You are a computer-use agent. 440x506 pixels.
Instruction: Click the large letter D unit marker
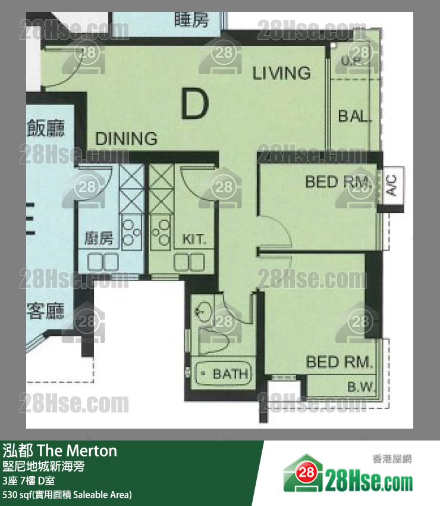coord(195,105)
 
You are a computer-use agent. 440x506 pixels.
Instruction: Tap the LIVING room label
coord(281,73)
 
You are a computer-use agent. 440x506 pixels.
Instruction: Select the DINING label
coord(127,139)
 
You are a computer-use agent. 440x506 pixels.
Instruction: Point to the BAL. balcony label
coord(354,116)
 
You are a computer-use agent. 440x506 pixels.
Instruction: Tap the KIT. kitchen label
coord(194,239)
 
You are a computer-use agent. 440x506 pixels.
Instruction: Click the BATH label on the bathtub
coord(230,374)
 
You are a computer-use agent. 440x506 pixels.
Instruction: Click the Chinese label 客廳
coord(46,310)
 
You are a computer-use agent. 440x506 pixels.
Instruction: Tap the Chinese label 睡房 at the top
coord(192,20)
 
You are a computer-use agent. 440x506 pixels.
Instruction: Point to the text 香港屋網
coord(392,459)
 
